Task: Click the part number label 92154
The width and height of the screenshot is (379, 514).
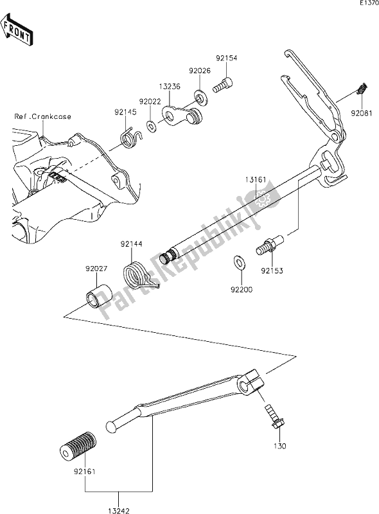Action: pyautogui.click(x=227, y=58)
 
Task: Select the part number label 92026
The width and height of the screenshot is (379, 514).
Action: pyautogui.click(x=199, y=71)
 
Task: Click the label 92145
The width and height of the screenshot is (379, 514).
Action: pyautogui.click(x=127, y=111)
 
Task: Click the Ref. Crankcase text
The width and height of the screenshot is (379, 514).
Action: pyautogui.click(x=42, y=116)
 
